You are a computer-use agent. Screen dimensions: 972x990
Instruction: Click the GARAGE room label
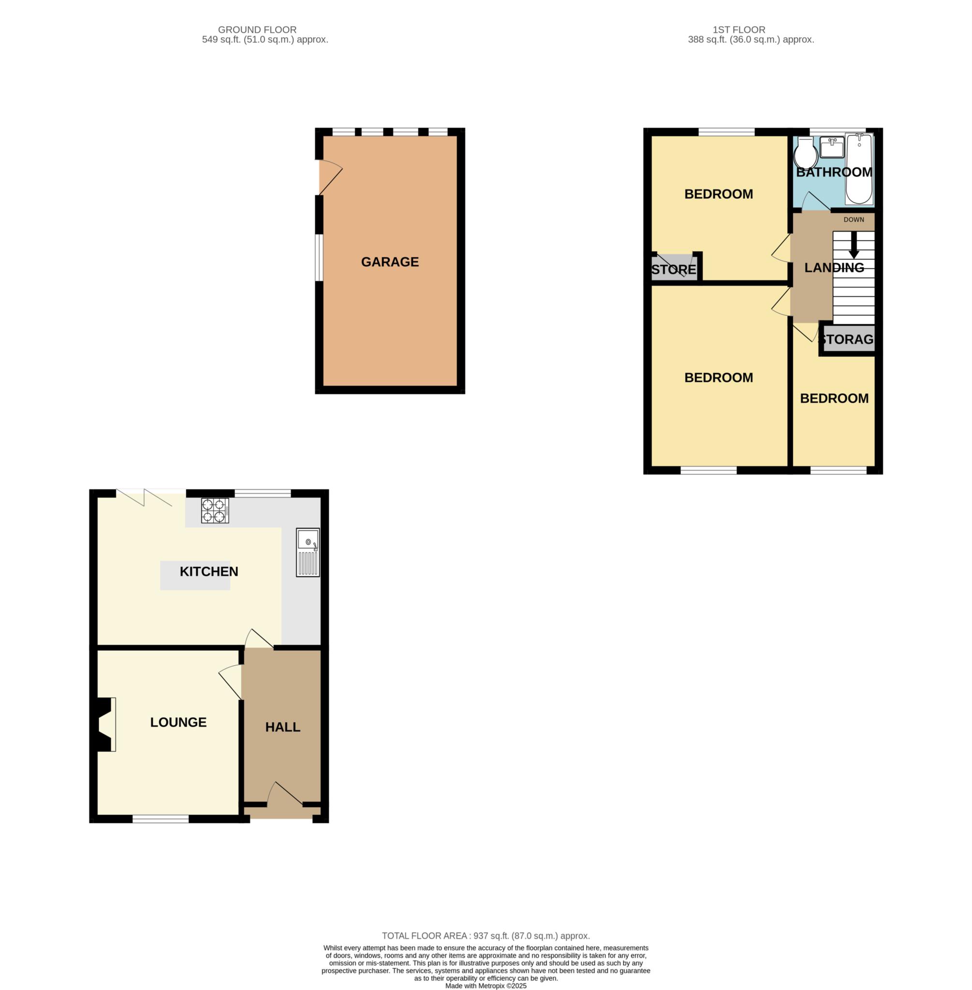390,262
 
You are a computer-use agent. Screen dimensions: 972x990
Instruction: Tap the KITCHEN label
209,571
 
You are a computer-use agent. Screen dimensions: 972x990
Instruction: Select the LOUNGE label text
178,722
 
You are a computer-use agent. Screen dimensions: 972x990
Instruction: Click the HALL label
283,727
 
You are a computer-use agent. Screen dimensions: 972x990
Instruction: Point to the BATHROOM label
834,172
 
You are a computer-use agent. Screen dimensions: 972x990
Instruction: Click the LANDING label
834,267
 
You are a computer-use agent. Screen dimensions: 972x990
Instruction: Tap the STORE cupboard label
674,269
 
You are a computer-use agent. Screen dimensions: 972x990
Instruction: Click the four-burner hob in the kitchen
215,511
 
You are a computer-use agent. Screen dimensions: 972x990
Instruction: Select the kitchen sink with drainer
308,553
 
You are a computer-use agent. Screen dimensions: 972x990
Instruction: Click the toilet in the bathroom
806,152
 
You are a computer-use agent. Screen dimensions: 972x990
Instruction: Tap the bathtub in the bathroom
859,169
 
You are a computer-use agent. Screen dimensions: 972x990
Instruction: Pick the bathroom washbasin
832,147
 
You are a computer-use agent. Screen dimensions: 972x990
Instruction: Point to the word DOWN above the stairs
854,220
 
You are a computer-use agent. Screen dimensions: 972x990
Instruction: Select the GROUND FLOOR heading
257,29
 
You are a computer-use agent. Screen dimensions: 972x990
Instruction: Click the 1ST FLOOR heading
739,29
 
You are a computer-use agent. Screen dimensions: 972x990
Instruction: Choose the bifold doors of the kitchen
144,497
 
